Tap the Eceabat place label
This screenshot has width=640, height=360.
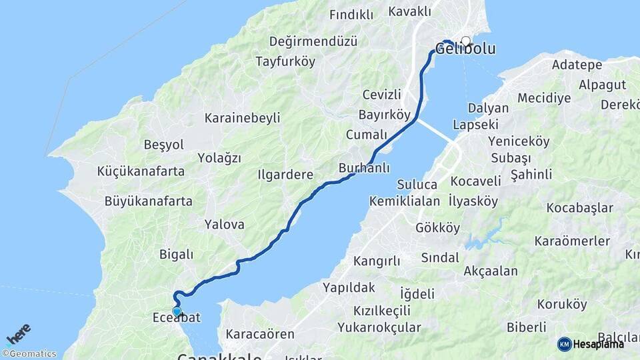(177, 318)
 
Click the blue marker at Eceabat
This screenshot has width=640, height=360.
(177, 311)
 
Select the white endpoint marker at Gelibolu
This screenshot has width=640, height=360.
(465, 41)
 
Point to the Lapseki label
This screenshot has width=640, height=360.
(475, 124)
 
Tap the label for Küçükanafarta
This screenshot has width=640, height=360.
(141, 171)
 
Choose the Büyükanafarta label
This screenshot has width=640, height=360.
(148, 201)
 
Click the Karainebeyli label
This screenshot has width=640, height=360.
(243, 118)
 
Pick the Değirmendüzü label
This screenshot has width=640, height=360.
(313, 41)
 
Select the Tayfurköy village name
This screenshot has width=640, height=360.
(285, 61)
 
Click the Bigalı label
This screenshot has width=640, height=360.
(176, 254)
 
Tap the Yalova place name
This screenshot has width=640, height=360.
(225, 225)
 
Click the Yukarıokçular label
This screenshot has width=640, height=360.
(379, 327)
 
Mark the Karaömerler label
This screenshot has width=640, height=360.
(573, 240)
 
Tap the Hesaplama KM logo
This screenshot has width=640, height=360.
(591, 344)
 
